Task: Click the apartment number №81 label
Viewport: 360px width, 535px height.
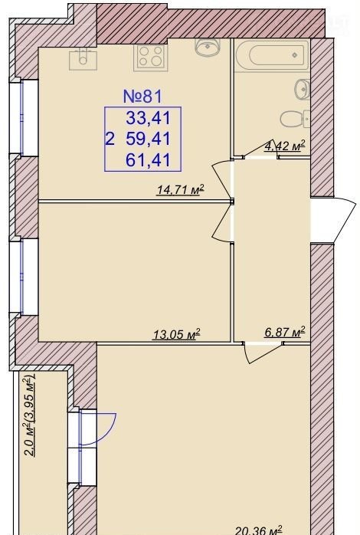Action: pos(142,97)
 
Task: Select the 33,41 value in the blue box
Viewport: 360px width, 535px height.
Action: pos(148,118)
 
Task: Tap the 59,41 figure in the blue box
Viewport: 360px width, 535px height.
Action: pos(148,139)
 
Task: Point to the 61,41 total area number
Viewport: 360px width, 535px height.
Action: pos(148,160)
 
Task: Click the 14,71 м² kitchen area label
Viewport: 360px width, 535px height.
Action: pos(180,189)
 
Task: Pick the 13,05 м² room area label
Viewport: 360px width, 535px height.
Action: pos(176,334)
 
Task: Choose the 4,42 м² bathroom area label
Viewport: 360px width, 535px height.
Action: pos(285,146)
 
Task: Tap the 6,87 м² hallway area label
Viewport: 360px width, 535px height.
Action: pos(285,332)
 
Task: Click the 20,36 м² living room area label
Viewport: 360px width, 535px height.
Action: pos(259,530)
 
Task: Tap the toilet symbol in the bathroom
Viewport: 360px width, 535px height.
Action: pos(295,119)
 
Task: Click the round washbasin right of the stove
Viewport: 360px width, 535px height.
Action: pos(208,47)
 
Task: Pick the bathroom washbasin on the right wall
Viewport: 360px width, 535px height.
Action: pos(303,90)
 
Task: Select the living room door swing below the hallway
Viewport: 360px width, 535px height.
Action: pos(262,353)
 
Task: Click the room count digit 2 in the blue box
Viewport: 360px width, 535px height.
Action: pos(110,139)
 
